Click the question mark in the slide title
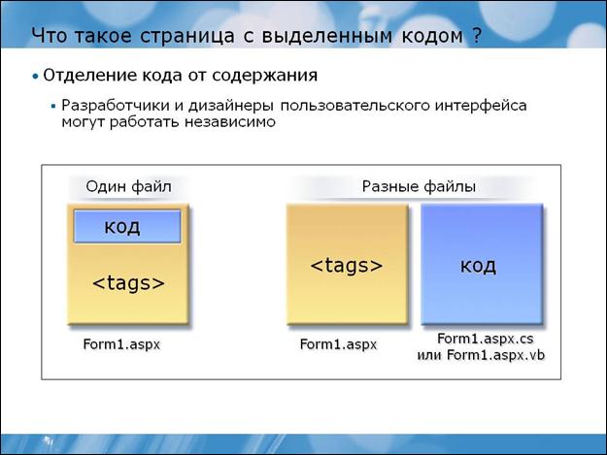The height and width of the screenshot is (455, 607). [477, 36]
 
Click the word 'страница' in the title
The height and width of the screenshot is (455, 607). [187, 36]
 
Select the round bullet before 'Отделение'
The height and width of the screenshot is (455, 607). [36, 77]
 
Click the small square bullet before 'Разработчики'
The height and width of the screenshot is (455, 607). [53, 106]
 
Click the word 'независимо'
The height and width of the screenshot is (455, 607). [230, 122]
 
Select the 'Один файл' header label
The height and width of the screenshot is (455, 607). [128, 186]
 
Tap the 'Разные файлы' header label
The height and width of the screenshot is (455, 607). [419, 186]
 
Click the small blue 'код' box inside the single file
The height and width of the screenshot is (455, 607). [127, 227]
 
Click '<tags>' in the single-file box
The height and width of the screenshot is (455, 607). [128, 283]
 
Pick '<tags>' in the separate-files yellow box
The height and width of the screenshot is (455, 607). [347, 266]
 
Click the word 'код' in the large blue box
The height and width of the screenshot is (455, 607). [478, 266]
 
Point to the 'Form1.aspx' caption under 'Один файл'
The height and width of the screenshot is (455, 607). [121, 344]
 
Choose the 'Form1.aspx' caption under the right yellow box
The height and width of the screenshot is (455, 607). [338, 344]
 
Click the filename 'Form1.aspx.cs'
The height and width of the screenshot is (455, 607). [486, 339]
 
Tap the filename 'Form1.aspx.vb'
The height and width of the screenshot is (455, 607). [496, 355]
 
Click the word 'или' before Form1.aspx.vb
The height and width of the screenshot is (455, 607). [429, 356]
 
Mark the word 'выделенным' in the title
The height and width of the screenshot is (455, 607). [327, 36]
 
